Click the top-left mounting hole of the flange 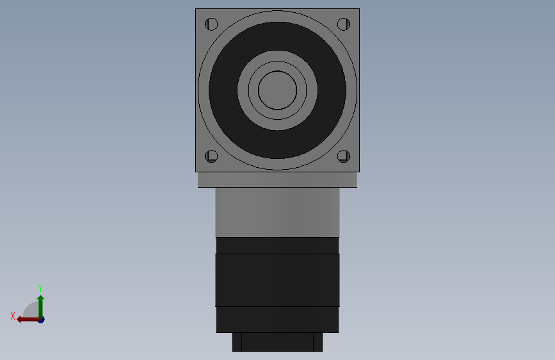(212, 25)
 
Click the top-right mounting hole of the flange (343, 25)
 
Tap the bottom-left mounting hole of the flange (212, 156)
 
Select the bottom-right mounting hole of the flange (343, 156)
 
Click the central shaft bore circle (277, 90)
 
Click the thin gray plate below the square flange (277, 179)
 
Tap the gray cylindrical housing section (277, 212)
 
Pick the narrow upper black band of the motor (277, 245)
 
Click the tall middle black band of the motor (277, 280)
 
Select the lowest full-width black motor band (277, 319)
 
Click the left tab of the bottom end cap (237, 341)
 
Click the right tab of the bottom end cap (318, 341)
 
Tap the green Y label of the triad (40, 288)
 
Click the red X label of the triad (12, 316)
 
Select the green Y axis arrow (40, 306)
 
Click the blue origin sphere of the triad (41, 320)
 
